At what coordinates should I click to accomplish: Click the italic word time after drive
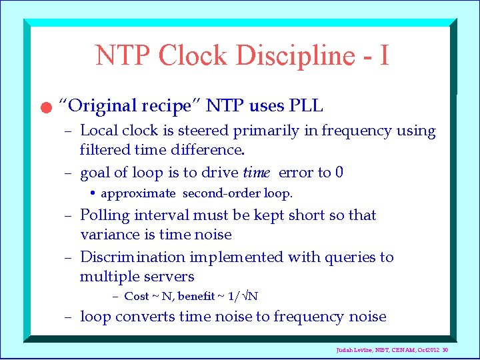(256, 173)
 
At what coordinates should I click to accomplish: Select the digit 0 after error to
(339, 173)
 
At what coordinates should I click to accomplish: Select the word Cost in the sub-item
(137, 296)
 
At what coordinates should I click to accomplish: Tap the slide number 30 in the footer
(463, 350)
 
